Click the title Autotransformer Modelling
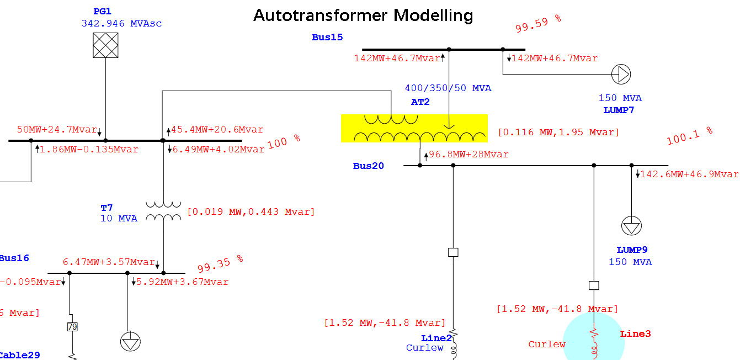[x=363, y=15]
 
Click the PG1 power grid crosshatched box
[x=105, y=45]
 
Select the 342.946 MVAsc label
[x=121, y=24]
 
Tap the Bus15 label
[x=327, y=38]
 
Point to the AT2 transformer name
[x=420, y=102]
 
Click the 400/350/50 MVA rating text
[x=448, y=88]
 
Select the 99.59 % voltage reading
[x=538, y=24]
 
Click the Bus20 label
[x=369, y=166]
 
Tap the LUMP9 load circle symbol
[x=631, y=226]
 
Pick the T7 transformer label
[x=107, y=208]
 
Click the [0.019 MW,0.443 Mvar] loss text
[x=251, y=211]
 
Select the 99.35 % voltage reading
[x=220, y=264]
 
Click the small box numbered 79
[x=72, y=327]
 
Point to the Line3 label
[x=635, y=334]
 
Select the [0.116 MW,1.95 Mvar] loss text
[x=558, y=133]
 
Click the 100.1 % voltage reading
[x=690, y=136]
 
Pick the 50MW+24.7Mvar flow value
[x=57, y=130]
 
